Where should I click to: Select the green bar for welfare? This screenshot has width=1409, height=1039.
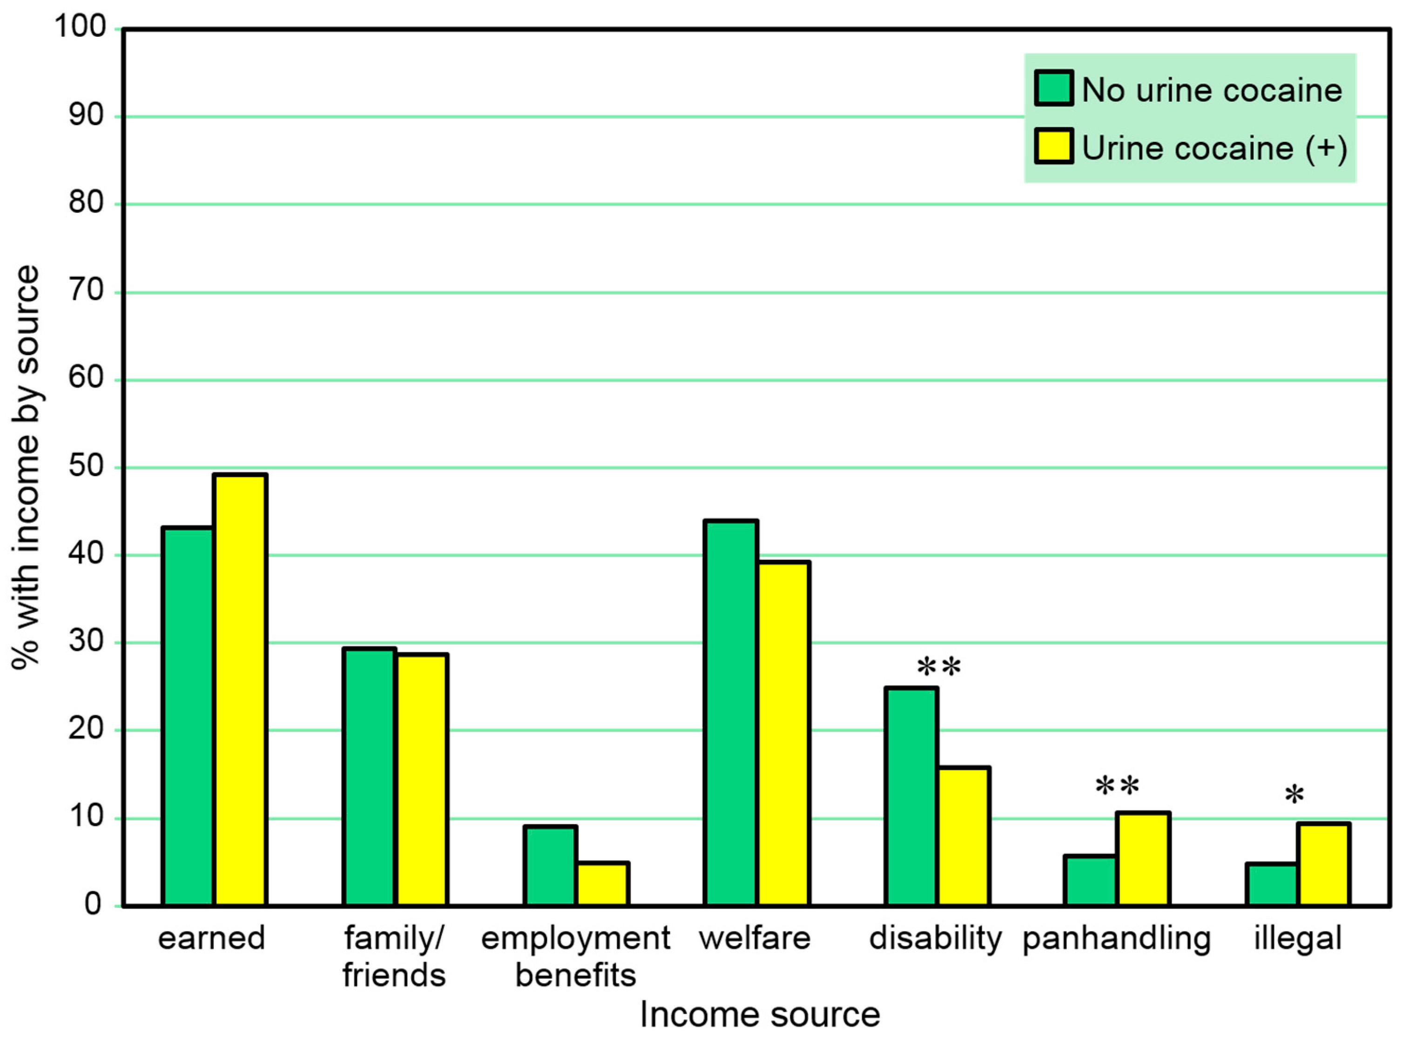(x=731, y=713)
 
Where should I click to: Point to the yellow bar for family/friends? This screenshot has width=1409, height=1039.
(x=421, y=780)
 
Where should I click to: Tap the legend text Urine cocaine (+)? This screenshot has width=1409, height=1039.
(x=1214, y=148)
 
